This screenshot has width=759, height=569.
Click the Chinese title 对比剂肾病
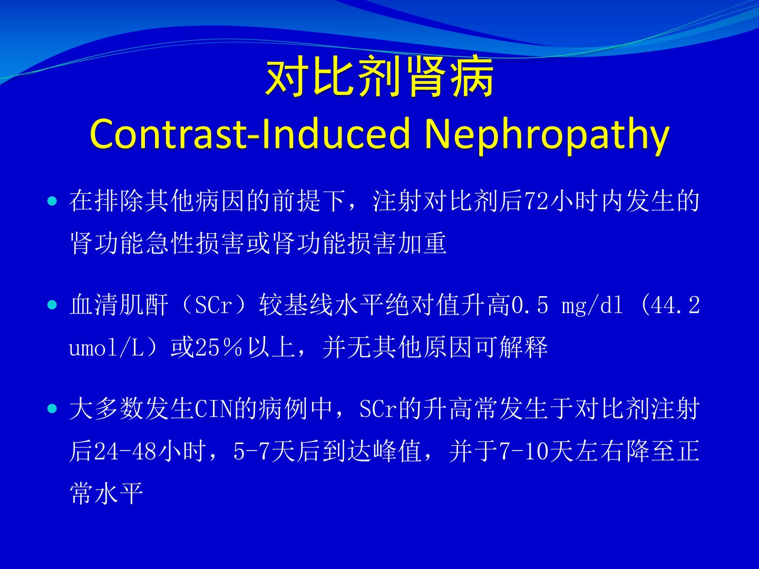379,77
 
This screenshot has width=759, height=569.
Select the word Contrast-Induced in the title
250,133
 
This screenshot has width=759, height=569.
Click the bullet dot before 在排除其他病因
52,201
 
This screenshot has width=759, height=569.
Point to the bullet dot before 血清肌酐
52,305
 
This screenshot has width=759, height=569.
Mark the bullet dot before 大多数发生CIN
52,409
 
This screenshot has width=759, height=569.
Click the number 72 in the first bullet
537,201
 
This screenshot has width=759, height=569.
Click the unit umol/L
106,347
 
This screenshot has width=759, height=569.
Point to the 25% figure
219,347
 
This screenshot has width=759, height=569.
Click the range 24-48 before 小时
125,451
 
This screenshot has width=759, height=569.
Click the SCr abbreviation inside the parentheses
213,305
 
